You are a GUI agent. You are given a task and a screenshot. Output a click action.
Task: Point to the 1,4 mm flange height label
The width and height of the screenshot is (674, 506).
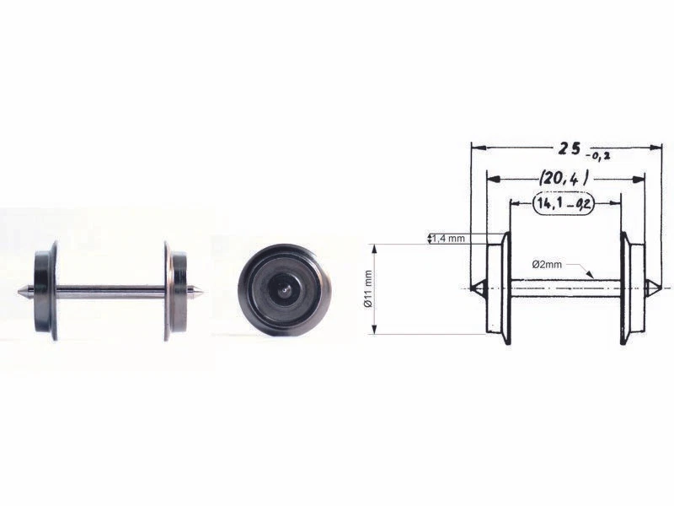448,239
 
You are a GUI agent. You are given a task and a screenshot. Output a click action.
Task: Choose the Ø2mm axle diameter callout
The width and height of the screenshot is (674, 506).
547,264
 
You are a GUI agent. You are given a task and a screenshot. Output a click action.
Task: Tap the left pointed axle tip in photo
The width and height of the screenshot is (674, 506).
22,292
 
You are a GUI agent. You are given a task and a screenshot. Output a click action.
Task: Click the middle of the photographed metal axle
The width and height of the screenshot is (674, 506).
110,292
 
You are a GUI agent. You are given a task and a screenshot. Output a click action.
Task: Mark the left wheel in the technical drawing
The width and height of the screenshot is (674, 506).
499,288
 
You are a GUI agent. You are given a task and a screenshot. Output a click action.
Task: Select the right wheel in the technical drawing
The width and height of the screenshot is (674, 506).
632,288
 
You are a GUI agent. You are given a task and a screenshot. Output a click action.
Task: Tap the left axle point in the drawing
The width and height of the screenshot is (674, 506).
476,288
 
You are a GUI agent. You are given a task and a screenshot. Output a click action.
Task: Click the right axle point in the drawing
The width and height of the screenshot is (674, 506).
655,288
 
